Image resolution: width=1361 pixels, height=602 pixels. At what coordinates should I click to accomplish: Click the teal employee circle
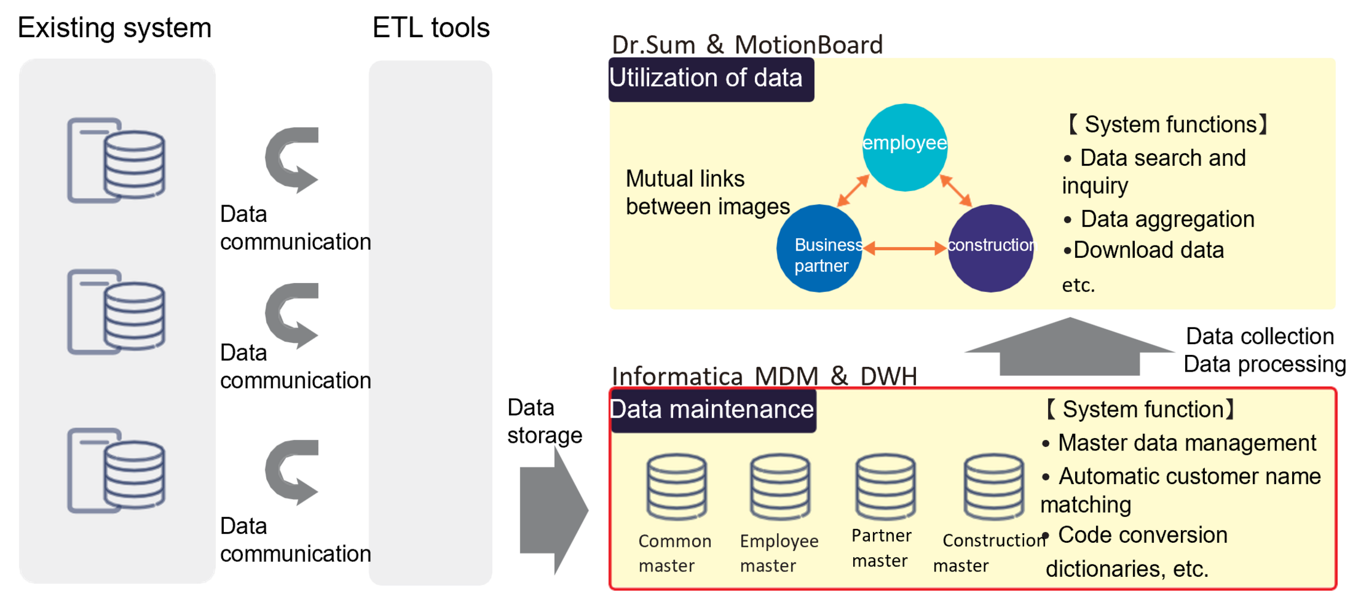905,147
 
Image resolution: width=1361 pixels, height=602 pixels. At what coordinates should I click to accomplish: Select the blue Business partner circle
819,249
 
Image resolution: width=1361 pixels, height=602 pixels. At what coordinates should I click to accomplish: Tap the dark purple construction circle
991,249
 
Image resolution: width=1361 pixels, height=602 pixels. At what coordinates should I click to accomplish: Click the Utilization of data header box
711,79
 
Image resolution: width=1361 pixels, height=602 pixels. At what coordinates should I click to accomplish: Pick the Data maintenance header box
712,410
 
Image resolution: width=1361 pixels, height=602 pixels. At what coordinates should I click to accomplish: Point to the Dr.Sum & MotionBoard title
747,45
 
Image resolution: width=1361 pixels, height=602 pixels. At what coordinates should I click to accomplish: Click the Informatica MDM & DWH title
764,376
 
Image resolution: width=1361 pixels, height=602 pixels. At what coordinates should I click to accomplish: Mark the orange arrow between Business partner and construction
905,248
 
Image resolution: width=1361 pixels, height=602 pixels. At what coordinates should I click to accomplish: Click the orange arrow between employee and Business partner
853,190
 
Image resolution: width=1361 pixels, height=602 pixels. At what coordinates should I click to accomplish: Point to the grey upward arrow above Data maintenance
1070,347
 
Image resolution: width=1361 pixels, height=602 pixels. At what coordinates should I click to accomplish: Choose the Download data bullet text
1144,250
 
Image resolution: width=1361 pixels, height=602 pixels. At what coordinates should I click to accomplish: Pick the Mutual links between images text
707,193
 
